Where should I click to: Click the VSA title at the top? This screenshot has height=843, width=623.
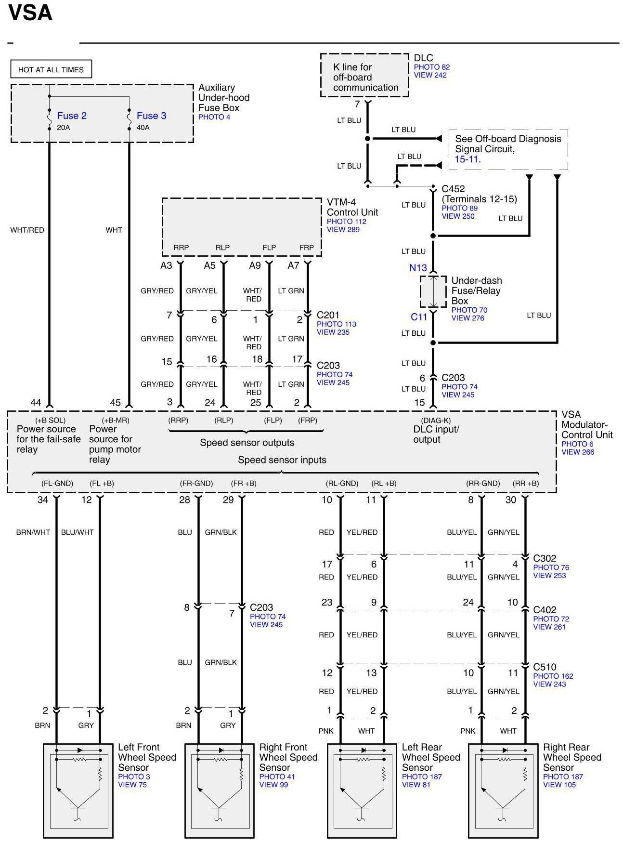30,13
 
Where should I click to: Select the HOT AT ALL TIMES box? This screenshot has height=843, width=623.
51,69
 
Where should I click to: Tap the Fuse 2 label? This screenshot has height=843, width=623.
72,116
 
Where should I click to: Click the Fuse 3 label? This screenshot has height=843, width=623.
151,116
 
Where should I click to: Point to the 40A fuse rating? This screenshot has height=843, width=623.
143,128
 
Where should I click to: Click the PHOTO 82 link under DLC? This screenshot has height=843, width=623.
431,67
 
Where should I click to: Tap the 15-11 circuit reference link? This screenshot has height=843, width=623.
466,159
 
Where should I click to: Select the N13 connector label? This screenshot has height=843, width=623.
418,268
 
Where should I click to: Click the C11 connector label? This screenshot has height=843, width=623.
419,317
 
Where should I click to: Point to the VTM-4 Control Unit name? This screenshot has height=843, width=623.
352,207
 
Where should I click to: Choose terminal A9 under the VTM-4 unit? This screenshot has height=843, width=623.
255,265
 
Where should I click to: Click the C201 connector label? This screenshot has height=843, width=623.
328,315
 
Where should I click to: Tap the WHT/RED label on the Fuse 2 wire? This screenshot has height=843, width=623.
27,230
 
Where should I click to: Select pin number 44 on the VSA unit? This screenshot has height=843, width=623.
36,403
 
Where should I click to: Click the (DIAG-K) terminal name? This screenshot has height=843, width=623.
436,420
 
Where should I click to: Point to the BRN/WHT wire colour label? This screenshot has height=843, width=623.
33,532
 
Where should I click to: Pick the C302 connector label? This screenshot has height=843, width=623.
545,558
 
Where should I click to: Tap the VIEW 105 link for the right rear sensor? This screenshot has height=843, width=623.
559,785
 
